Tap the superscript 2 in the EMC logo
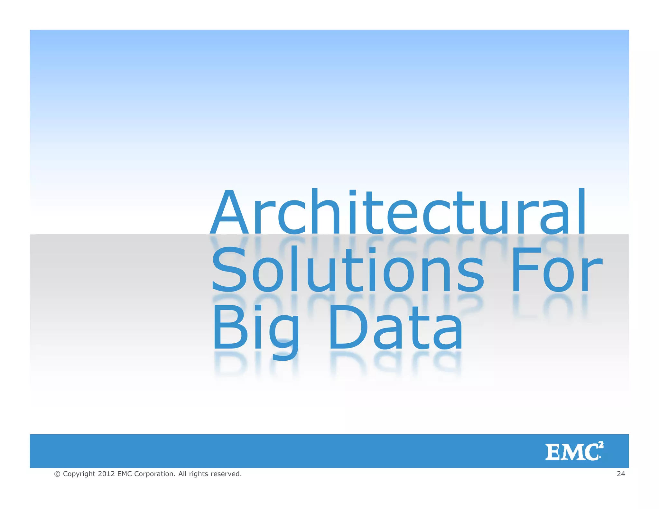pos(601,445)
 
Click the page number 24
pos(621,474)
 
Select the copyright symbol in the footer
pos(57,474)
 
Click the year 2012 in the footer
pos(106,474)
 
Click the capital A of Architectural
pos(229,212)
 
